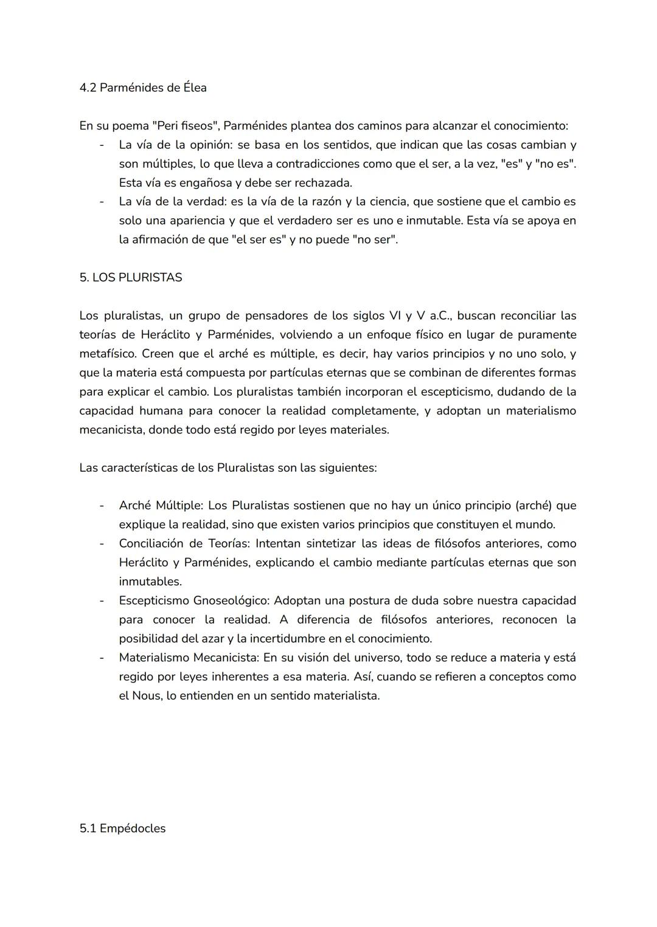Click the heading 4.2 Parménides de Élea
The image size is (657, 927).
coord(143,88)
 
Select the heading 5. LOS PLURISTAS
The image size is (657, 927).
coord(130,277)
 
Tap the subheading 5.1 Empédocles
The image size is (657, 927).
coord(122,828)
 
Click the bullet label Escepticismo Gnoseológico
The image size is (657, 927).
coord(193,601)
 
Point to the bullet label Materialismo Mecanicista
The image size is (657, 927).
coord(189,658)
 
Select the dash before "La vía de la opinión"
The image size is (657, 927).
coord(102,145)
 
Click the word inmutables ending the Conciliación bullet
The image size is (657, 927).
coord(150,581)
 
